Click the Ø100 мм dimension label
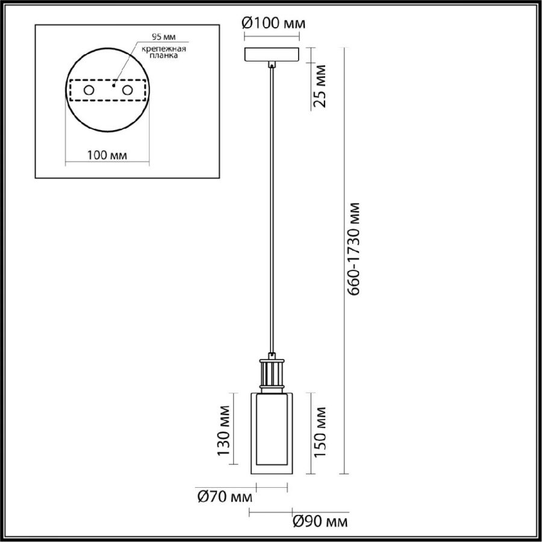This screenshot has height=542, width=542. point(273,23)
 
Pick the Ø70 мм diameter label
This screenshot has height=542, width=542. point(224,497)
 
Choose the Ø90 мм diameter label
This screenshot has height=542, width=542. point(319,521)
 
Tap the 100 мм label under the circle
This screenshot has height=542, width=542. point(107,155)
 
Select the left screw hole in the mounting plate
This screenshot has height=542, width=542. point(89,90)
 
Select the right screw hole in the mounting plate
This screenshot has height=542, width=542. point(127,90)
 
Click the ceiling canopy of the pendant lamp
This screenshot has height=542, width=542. point(272,54)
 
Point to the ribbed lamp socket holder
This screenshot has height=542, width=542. point(272,373)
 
